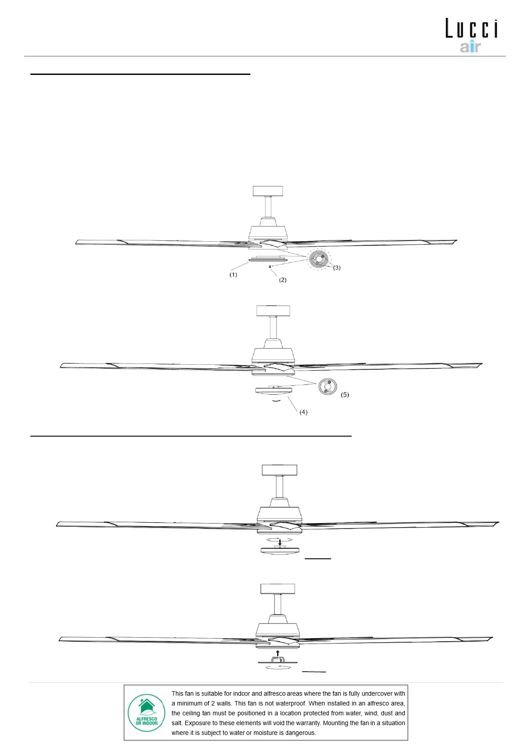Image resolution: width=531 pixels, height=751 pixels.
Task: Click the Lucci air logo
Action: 471,35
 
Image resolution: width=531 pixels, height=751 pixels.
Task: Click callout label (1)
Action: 233,275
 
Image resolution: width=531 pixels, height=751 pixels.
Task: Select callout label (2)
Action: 282,280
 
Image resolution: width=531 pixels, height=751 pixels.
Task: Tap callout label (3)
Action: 337,268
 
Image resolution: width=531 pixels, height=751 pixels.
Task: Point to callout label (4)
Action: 303,412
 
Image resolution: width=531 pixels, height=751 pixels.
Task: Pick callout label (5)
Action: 344,395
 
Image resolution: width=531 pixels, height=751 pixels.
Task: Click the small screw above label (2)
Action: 270,267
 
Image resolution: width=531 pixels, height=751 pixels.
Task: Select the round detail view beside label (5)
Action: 328,386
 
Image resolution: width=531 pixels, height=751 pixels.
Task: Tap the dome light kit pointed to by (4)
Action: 274,391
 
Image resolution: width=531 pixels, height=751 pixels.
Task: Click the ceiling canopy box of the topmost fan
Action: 268,191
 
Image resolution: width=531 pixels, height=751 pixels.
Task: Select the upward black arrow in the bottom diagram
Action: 278,653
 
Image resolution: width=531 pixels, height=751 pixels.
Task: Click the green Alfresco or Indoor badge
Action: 147,712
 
